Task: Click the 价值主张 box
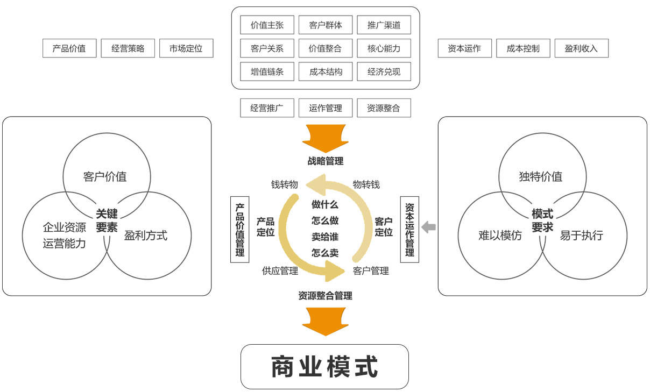(x=267, y=25)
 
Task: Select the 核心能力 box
(x=384, y=48)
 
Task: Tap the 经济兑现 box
(x=384, y=72)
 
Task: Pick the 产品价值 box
(x=69, y=48)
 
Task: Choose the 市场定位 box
(x=186, y=48)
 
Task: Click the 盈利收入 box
(x=581, y=48)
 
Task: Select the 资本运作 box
(x=464, y=48)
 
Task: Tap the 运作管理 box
(x=326, y=108)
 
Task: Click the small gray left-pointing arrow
(x=428, y=227)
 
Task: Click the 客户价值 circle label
(x=105, y=176)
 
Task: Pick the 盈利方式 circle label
(x=146, y=236)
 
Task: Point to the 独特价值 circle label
(x=541, y=176)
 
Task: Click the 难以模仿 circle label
(x=500, y=236)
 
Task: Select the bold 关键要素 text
(x=107, y=221)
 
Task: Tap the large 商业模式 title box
(x=324, y=367)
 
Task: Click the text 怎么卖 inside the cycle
(x=325, y=253)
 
